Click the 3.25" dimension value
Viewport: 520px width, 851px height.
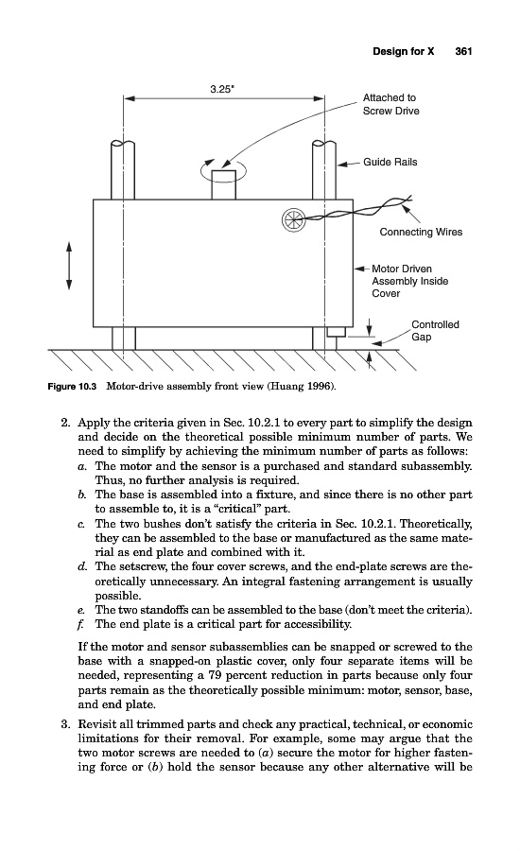pos(222,90)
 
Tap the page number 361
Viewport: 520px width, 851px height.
pos(463,52)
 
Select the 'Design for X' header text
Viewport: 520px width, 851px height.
pos(404,52)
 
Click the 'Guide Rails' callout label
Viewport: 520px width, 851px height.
pos(390,162)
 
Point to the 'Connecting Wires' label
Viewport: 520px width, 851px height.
pos(422,232)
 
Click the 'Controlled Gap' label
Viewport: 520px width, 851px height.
pos(435,331)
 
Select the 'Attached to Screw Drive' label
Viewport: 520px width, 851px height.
pos(390,104)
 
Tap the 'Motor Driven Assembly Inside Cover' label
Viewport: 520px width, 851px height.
pos(409,281)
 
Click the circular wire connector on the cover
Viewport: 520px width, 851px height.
pos(291,219)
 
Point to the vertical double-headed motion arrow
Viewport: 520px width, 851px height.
pos(69,266)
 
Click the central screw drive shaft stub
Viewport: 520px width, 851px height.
pos(224,185)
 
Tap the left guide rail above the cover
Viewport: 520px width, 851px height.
pos(123,170)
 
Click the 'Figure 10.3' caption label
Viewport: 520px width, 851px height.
pos(72,387)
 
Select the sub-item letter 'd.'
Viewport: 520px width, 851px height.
pos(82,566)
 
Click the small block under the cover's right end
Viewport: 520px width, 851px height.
pos(337,332)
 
